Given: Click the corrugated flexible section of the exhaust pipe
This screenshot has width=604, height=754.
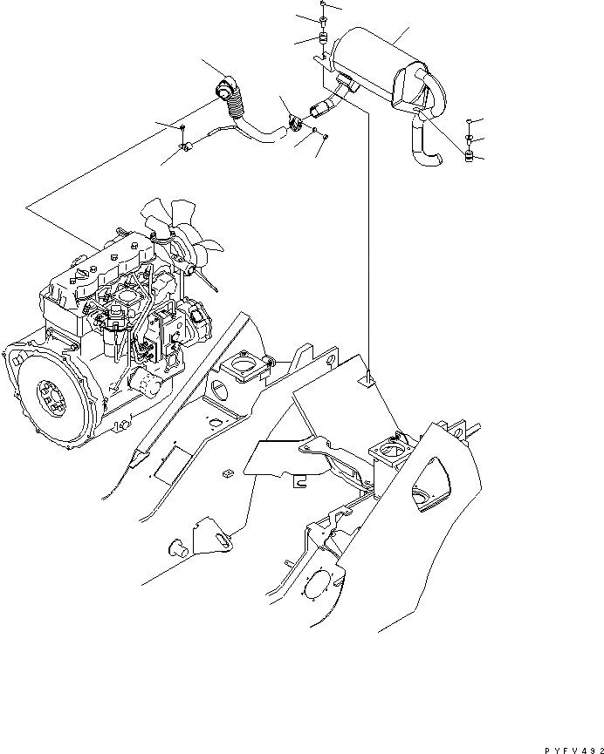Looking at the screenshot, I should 237,110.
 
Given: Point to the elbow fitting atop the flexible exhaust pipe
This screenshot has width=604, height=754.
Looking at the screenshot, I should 225,89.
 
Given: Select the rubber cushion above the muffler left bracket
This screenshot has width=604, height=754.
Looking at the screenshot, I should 321,40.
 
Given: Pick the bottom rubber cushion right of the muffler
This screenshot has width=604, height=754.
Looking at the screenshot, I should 470,158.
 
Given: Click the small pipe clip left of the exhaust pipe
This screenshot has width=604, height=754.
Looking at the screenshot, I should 187,152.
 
